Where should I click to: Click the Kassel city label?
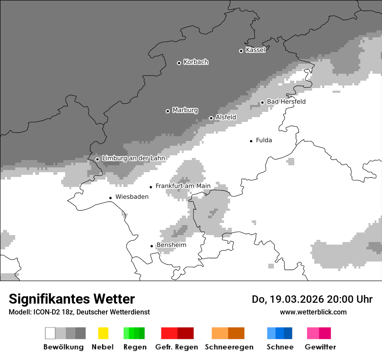(x=255, y=50)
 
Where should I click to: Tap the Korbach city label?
(x=196, y=62)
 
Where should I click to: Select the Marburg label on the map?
(x=185, y=110)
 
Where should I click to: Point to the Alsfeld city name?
(x=226, y=117)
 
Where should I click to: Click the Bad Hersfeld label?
(x=286, y=101)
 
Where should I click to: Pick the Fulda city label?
(x=264, y=140)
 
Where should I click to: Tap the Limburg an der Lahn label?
(x=133, y=158)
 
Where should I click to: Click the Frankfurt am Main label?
(x=183, y=186)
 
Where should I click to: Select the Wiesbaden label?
(x=132, y=197)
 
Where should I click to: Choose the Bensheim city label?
(x=171, y=245)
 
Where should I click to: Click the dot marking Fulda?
(x=251, y=141)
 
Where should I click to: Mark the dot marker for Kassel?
(x=241, y=51)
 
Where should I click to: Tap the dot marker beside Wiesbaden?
(x=111, y=198)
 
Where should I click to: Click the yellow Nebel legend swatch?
(x=103, y=333)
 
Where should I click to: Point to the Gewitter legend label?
(x=320, y=347)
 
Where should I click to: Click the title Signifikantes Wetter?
(x=72, y=299)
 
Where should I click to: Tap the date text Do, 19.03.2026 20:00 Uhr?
(x=312, y=299)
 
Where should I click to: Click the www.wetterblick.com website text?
(x=313, y=312)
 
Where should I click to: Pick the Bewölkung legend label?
(x=63, y=347)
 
